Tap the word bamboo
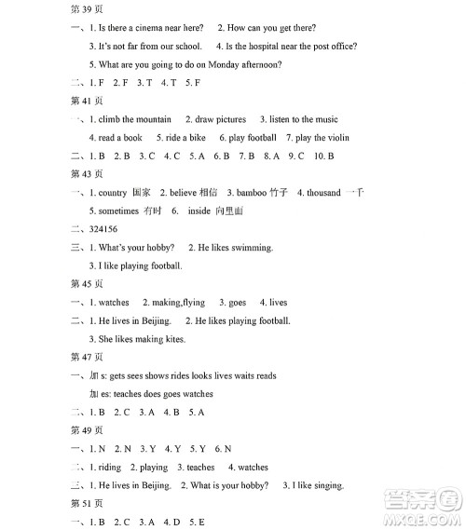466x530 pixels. click(251, 193)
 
